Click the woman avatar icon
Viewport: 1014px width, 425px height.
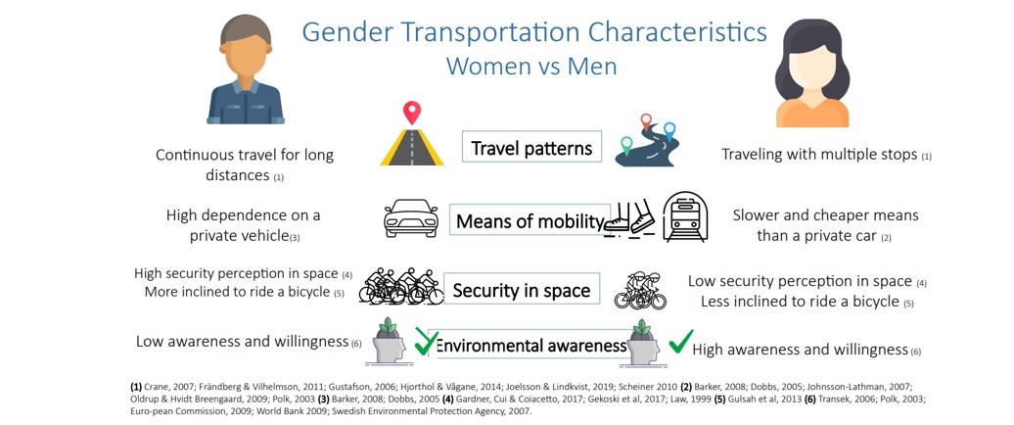pyautogui.click(x=814, y=72)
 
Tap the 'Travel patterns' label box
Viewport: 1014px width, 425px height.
pyautogui.click(x=531, y=148)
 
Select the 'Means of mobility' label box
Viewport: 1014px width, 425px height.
pyautogui.click(x=530, y=221)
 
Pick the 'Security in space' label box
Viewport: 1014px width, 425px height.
pyautogui.click(x=522, y=291)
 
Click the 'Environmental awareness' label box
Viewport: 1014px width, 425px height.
pyautogui.click(x=531, y=346)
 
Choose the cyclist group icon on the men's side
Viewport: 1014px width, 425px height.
pyautogui.click(x=401, y=286)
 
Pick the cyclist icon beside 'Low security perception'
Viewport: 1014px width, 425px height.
pyautogui.click(x=640, y=290)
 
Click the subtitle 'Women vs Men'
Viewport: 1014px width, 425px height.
pyautogui.click(x=531, y=66)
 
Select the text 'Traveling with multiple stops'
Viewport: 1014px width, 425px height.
pyautogui.click(x=818, y=155)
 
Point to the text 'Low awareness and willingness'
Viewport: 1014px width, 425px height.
pyautogui.click(x=243, y=341)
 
